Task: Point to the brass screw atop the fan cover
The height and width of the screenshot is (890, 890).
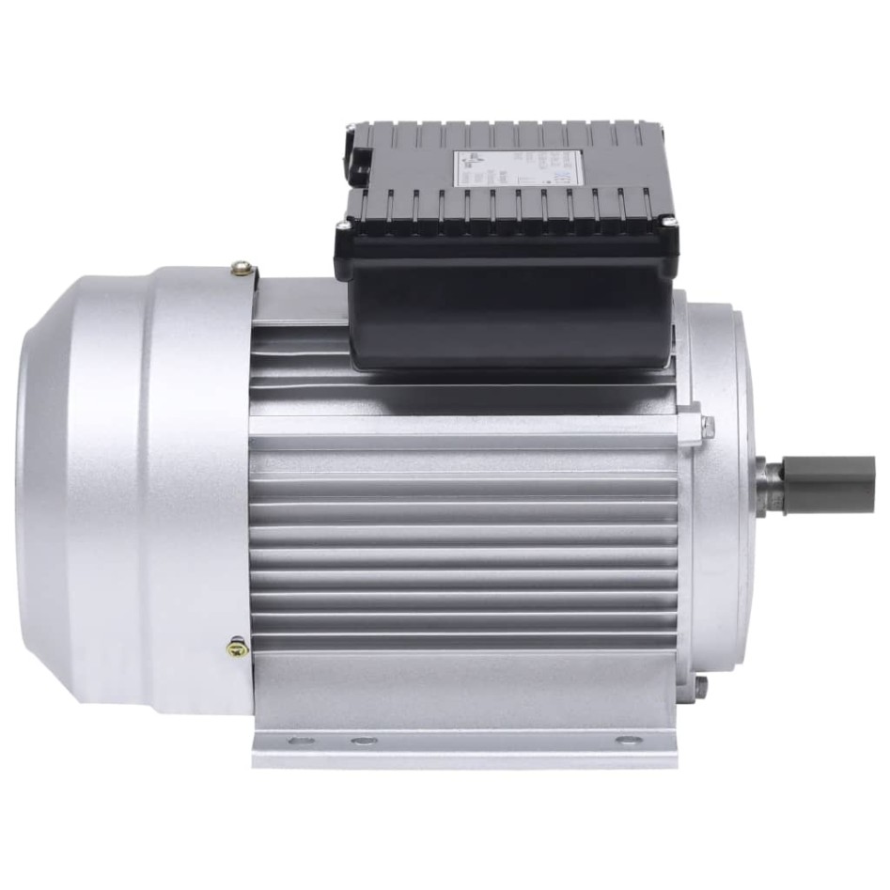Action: [x=242, y=271]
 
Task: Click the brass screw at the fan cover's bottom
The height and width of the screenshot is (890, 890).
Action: [x=238, y=648]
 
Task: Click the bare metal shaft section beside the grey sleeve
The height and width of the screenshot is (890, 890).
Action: [x=773, y=485]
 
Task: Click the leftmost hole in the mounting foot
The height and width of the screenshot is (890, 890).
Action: [x=300, y=741]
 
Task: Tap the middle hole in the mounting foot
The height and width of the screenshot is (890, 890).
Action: [x=363, y=741]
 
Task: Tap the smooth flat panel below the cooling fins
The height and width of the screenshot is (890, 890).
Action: [x=470, y=686]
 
